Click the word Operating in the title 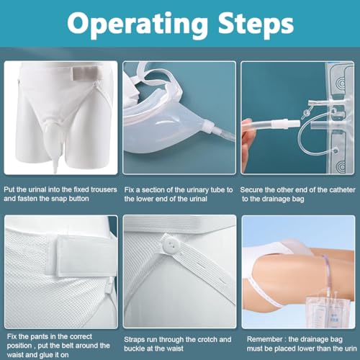137,24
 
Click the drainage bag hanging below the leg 324,312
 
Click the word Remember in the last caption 265,339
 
